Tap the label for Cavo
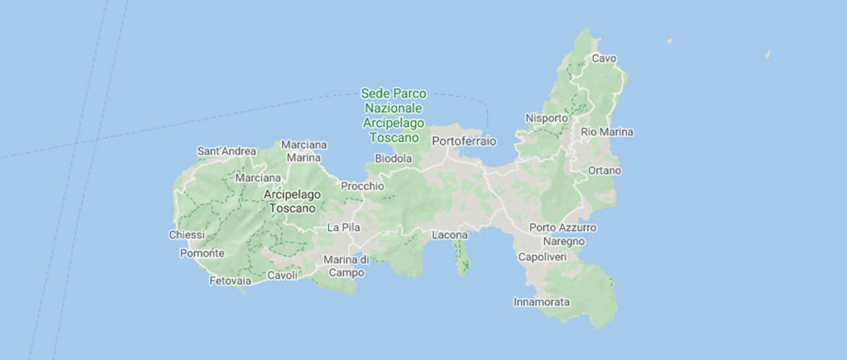[604, 58]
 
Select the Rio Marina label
[607, 132]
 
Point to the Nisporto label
[547, 118]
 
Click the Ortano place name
[604, 171]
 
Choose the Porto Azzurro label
[563, 228]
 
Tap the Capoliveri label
[542, 257]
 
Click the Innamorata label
[541, 302]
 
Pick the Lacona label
[450, 234]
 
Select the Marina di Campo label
[347, 265]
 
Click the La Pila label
[344, 227]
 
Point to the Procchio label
[362, 186]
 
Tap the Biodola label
[393, 159]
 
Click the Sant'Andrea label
[226, 151]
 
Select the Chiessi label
[187, 234]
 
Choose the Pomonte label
[203, 253]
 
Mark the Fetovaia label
[230, 281]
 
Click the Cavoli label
[282, 275]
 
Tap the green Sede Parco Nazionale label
[394, 115]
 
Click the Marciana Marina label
[304, 151]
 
